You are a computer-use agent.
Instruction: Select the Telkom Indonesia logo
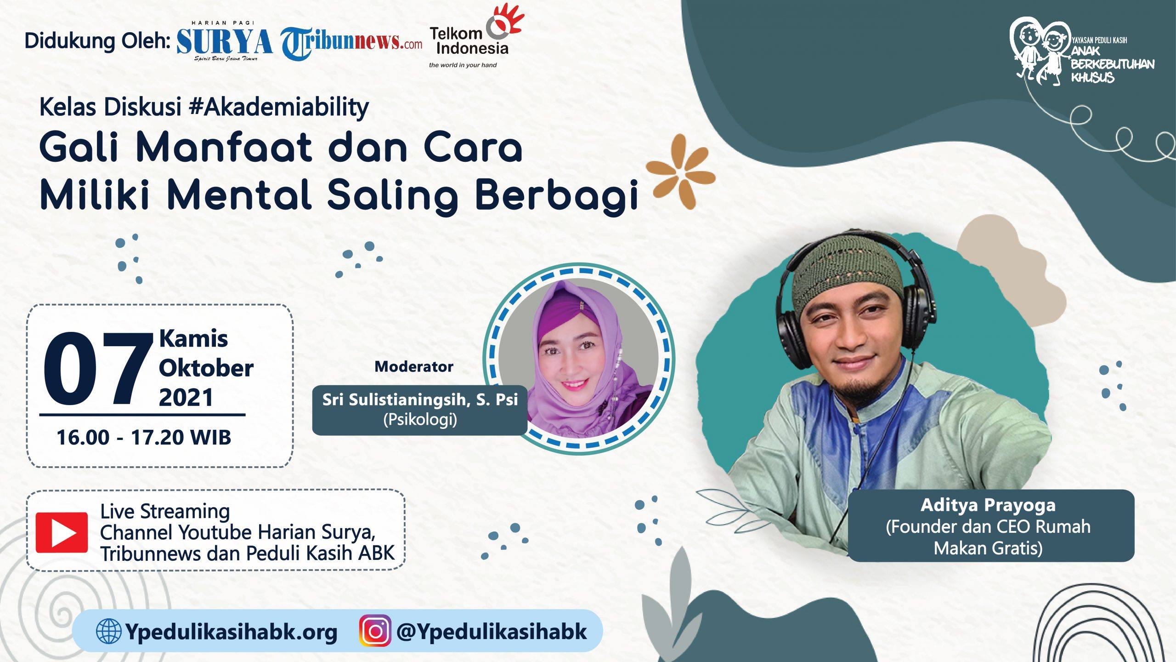tap(475, 37)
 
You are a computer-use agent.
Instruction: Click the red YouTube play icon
tap(62, 532)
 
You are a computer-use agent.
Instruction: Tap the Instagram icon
tap(375, 631)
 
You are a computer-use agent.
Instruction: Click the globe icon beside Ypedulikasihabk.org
tap(109, 631)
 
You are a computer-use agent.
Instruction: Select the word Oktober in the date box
tap(206, 368)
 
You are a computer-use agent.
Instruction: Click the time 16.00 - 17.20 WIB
tap(144, 437)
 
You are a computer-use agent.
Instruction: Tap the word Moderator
tap(414, 366)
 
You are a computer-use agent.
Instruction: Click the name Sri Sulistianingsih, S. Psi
tap(420, 399)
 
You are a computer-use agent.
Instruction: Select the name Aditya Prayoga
tap(988, 506)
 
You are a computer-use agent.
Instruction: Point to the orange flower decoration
tap(681, 171)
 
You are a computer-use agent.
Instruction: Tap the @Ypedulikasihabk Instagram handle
tap(492, 632)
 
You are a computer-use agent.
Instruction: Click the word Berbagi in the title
tap(557, 197)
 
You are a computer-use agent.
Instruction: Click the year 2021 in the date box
tap(186, 397)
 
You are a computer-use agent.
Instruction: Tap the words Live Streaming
tap(165, 512)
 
